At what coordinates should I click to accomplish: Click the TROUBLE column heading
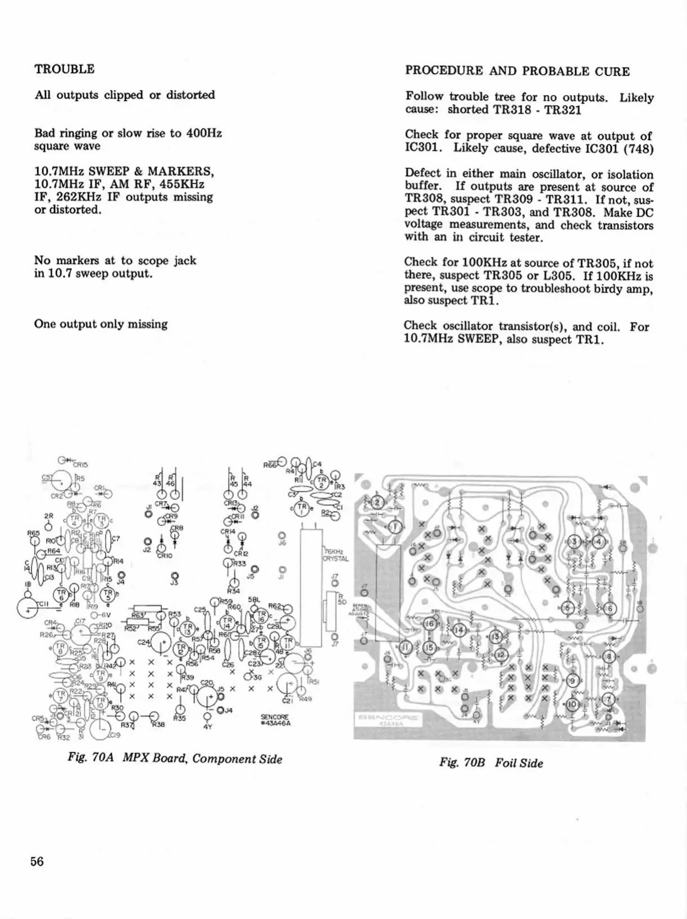pos(64,69)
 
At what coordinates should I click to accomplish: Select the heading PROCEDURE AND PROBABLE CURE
pos(517,71)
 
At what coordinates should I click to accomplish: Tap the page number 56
pos(38,861)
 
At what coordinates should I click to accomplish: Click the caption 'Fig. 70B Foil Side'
pos(491,763)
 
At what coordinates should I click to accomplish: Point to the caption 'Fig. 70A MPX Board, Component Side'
pos(175,758)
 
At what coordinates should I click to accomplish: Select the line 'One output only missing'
pos(101,324)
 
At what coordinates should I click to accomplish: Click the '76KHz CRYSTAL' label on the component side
pos(336,555)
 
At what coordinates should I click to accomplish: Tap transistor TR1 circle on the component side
pos(303,509)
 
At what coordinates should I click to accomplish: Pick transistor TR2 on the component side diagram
pos(321,482)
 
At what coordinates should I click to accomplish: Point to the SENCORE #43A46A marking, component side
pos(275,720)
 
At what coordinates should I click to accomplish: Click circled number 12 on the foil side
pos(501,655)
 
